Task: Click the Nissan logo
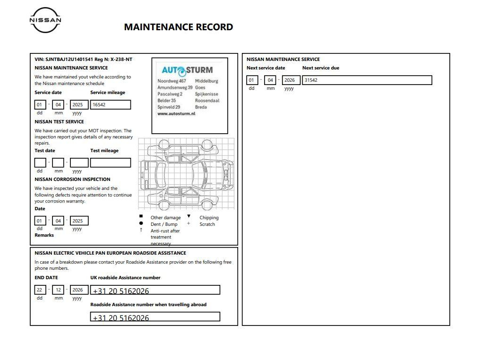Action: click(x=45, y=20)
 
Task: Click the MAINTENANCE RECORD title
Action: click(x=178, y=27)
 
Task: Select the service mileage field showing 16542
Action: click(x=111, y=105)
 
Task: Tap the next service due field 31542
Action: click(x=367, y=80)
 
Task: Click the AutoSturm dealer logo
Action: click(x=187, y=70)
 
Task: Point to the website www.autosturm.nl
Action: click(x=176, y=114)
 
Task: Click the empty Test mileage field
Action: click(x=111, y=163)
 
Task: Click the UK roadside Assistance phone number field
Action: click(x=155, y=290)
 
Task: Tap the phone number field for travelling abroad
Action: click(x=155, y=317)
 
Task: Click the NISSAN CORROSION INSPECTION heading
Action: click(x=72, y=180)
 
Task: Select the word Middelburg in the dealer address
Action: click(x=206, y=81)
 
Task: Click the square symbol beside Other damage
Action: click(x=141, y=216)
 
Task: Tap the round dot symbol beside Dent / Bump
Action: click(x=141, y=223)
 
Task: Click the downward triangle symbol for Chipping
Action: click(x=189, y=216)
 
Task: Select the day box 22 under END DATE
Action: click(x=40, y=290)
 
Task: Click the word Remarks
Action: click(x=44, y=235)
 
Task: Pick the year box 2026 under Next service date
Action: click(x=291, y=80)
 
